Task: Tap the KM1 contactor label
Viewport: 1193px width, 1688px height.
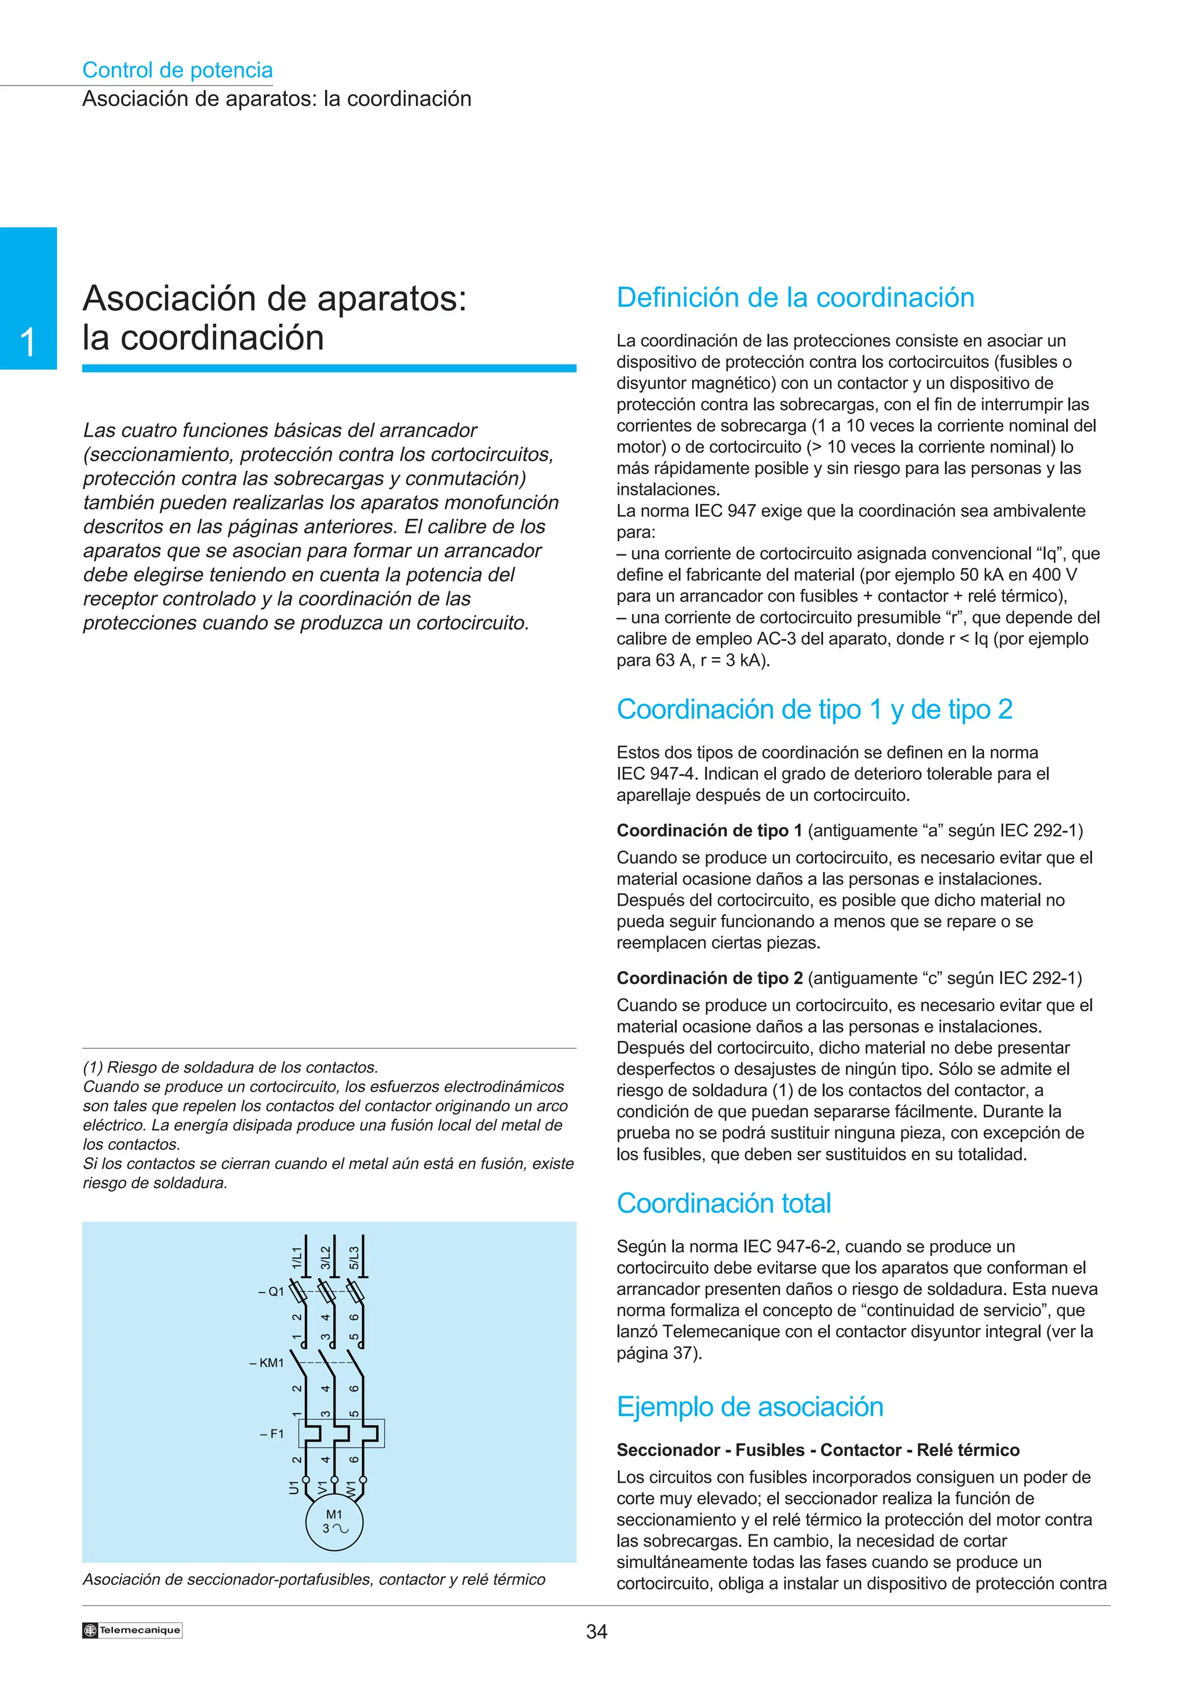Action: (267, 1362)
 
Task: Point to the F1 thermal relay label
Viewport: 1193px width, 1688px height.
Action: (272, 1433)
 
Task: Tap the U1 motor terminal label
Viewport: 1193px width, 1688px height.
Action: (294, 1486)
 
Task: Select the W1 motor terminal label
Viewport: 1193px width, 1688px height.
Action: (351, 1487)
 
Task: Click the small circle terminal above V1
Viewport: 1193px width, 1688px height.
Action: (334, 1480)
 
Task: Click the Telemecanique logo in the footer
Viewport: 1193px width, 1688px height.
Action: (132, 1630)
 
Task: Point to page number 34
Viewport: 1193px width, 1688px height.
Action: (596, 1632)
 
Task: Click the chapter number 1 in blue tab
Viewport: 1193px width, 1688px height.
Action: (28, 342)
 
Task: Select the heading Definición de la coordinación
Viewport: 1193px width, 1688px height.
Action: (795, 297)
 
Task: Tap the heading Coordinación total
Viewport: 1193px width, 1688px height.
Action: (723, 1203)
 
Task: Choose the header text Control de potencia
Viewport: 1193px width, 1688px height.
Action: (177, 70)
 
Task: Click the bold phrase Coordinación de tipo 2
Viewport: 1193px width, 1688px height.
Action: (710, 978)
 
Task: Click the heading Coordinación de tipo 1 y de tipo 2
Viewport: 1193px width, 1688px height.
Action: (814, 709)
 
